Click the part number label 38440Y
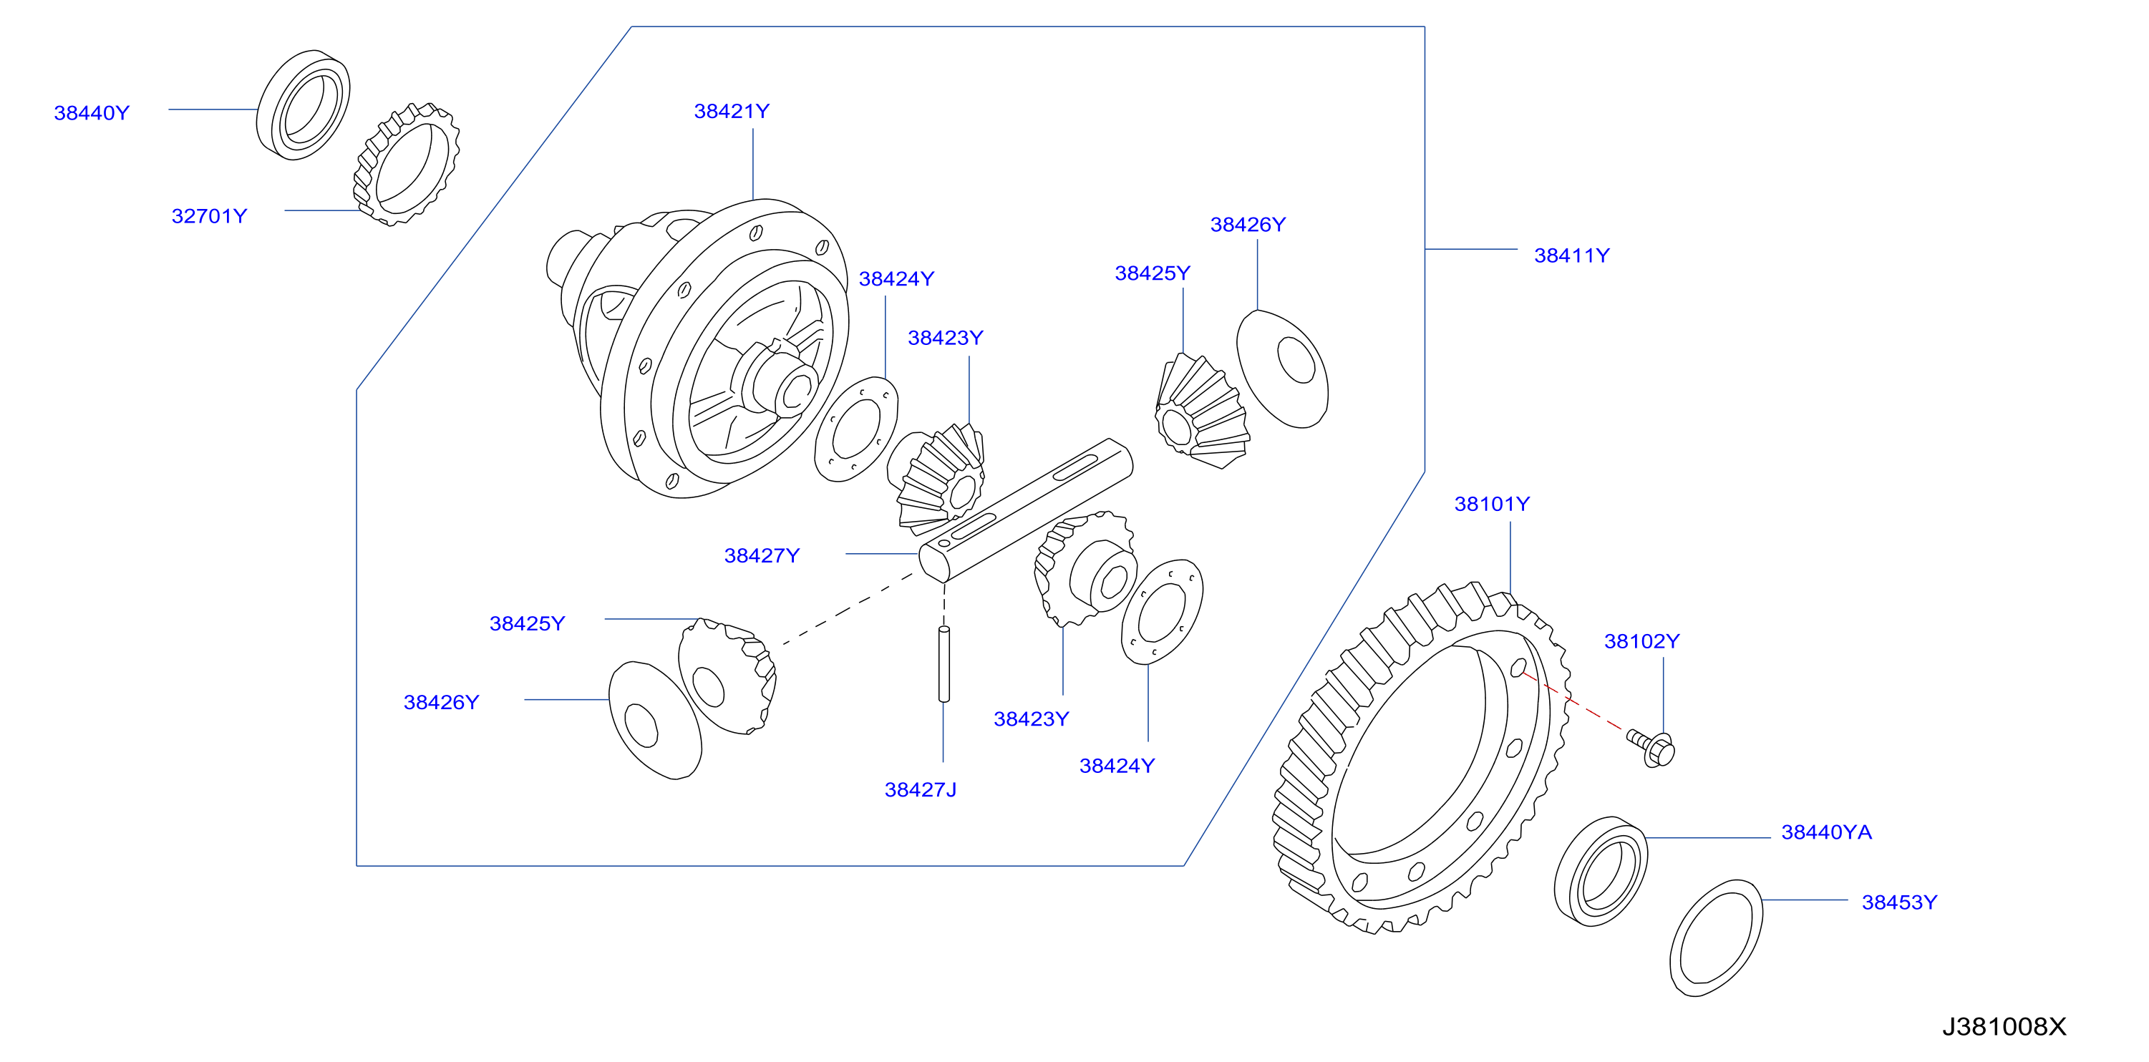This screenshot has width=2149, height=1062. point(92,112)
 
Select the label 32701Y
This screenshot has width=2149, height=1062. point(210,216)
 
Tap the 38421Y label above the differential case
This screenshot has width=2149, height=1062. point(732,111)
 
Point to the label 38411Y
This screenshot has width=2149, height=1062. point(1572,255)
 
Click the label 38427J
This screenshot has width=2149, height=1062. point(920,789)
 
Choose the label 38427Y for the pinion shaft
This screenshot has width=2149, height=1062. point(762,555)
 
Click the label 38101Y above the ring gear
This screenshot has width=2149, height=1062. point(1492,504)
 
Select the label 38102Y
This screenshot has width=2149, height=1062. point(1641,640)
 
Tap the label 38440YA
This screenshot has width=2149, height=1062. point(1826,832)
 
